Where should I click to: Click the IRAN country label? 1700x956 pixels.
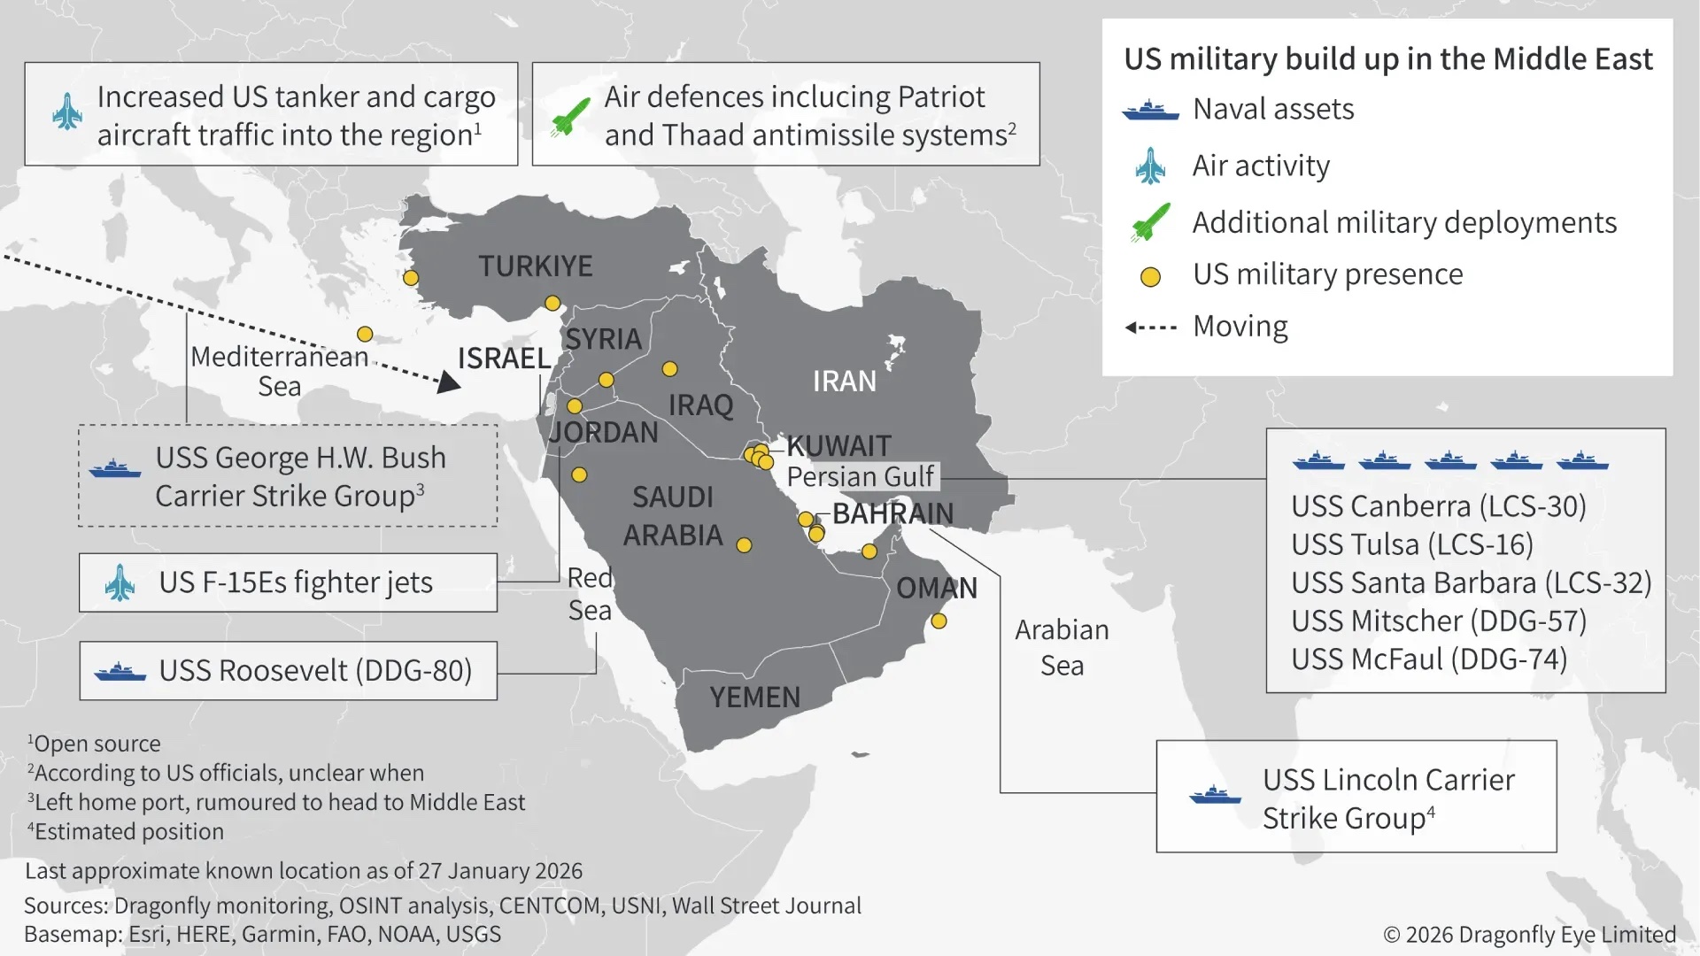click(844, 381)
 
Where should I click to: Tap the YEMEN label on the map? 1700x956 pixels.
click(754, 698)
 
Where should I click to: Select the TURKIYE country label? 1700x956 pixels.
click(535, 266)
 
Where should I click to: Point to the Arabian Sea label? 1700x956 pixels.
click(1061, 647)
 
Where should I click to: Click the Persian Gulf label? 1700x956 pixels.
click(860, 476)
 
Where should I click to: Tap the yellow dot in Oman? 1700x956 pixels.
click(939, 621)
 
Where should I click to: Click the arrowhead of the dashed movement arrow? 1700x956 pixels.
click(450, 382)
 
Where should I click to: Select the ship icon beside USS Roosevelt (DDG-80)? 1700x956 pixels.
click(120, 672)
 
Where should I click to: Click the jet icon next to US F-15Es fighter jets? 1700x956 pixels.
click(120, 582)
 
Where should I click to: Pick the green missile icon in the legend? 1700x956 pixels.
click(1150, 222)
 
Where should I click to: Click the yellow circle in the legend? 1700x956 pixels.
click(1150, 277)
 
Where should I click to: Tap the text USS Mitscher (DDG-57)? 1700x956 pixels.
click(1438, 621)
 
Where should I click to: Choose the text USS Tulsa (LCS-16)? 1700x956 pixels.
click(1411, 544)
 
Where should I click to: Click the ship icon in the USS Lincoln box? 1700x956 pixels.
click(1215, 795)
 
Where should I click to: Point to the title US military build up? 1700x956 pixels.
click(1387, 59)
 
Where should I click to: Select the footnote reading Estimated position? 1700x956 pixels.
click(127, 832)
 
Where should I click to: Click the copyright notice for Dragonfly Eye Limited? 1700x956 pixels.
click(1529, 934)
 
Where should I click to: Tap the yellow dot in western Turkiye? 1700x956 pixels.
click(411, 278)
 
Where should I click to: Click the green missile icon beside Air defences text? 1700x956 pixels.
click(570, 117)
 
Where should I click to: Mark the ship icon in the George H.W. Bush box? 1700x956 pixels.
click(115, 468)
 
